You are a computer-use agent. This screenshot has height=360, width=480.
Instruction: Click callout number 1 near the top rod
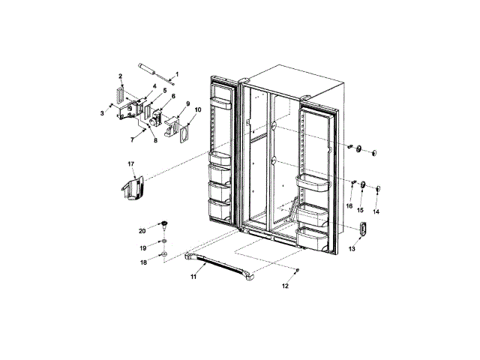pos(177,73)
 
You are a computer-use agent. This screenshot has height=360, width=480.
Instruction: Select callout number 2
pos(120,76)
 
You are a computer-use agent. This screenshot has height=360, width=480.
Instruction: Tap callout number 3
pos(103,113)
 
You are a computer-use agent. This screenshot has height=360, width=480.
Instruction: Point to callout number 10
pos(198,109)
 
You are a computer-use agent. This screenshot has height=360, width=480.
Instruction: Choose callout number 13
pos(351,249)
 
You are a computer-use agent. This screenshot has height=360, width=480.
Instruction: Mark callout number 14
pos(376,212)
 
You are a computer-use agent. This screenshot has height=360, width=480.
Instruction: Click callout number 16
pos(349,205)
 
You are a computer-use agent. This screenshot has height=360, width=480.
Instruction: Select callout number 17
pos(130,163)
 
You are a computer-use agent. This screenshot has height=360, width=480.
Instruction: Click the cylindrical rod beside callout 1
pos(154,73)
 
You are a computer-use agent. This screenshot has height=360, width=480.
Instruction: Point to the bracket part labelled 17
pos(130,189)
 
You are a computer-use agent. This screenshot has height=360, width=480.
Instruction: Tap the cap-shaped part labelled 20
pos(162,224)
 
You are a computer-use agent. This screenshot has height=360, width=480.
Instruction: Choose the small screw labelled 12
pos(298,270)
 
